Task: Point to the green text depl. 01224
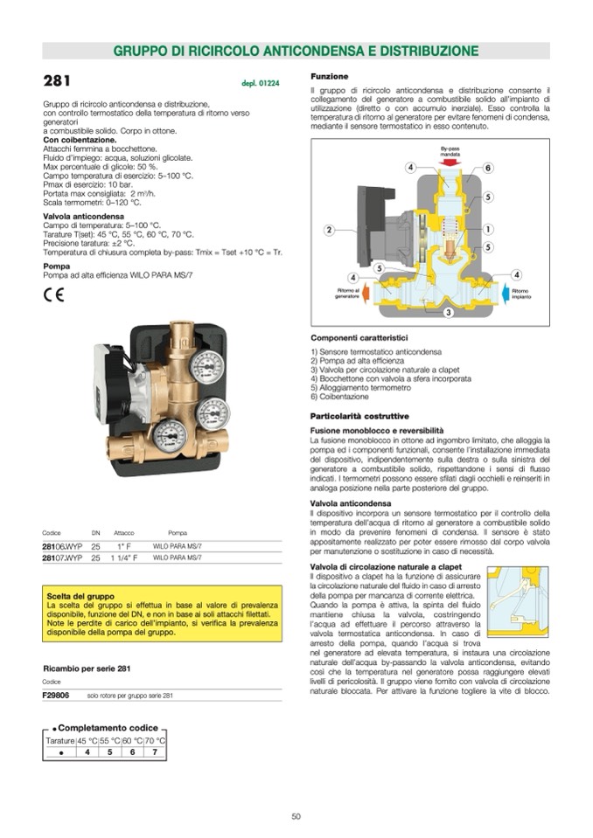coord(260,84)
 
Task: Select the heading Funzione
coord(330,76)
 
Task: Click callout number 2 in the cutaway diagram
coord(329,230)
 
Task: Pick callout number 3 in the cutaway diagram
coord(447,312)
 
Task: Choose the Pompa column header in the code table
coord(177,532)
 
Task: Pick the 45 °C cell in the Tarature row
coord(87,740)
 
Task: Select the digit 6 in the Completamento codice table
coord(132,751)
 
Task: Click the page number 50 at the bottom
coord(296,816)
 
